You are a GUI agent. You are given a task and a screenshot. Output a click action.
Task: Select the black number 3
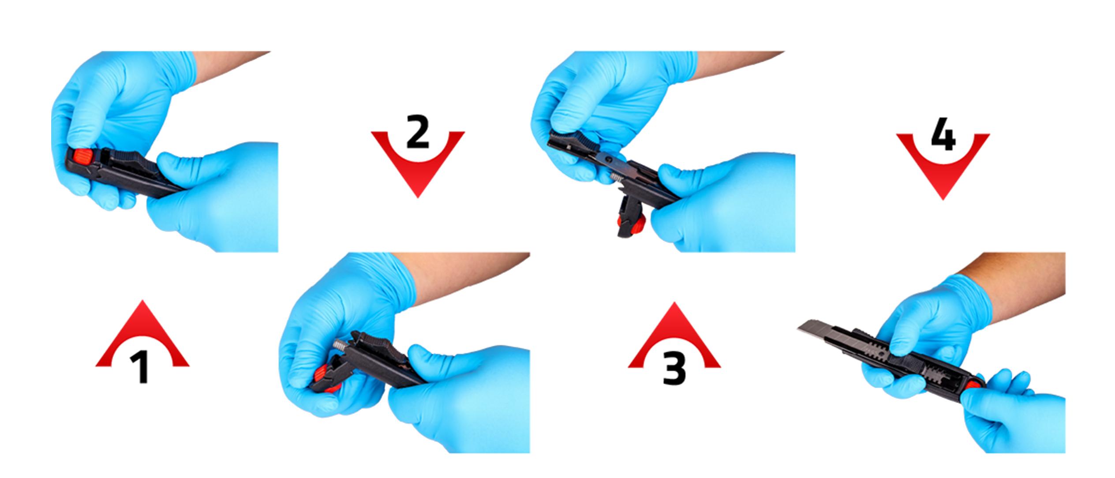(x=674, y=367)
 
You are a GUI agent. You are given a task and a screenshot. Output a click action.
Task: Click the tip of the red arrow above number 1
(x=142, y=301)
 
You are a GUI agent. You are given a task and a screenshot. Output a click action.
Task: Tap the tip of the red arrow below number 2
(x=418, y=197)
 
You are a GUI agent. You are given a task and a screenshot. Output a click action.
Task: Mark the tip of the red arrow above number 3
(x=674, y=302)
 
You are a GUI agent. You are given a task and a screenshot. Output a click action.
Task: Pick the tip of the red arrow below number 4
(x=943, y=200)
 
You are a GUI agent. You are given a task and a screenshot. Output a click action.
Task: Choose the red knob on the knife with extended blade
(x=974, y=384)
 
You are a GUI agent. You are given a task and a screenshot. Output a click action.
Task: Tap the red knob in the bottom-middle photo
(x=323, y=376)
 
